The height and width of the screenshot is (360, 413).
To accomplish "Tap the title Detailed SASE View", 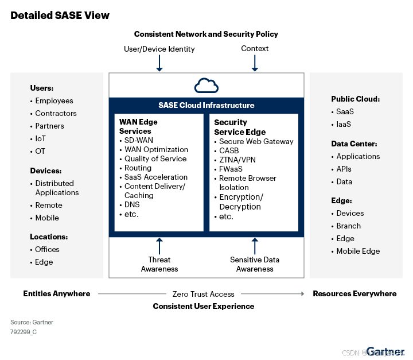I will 60,15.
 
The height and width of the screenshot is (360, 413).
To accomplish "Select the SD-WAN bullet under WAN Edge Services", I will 138,140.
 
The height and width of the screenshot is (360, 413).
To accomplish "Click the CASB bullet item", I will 230,151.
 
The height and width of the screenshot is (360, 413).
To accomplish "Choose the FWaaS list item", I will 231,169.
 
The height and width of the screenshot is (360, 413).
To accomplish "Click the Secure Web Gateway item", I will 256,142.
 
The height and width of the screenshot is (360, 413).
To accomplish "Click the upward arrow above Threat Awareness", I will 159,245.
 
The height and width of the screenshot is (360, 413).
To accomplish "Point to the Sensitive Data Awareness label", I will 255,264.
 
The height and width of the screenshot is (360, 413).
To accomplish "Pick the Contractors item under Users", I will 56,113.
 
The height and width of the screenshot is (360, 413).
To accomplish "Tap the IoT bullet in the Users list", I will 40,138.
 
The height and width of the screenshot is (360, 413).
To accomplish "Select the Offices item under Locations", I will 47,249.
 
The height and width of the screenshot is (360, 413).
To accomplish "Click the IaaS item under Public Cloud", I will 344,124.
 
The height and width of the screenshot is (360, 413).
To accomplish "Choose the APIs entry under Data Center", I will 344,169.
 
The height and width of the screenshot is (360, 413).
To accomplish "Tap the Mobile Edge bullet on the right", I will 358,251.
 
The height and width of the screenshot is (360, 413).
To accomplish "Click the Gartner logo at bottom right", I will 385,351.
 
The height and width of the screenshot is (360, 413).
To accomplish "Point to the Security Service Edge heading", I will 240,127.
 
